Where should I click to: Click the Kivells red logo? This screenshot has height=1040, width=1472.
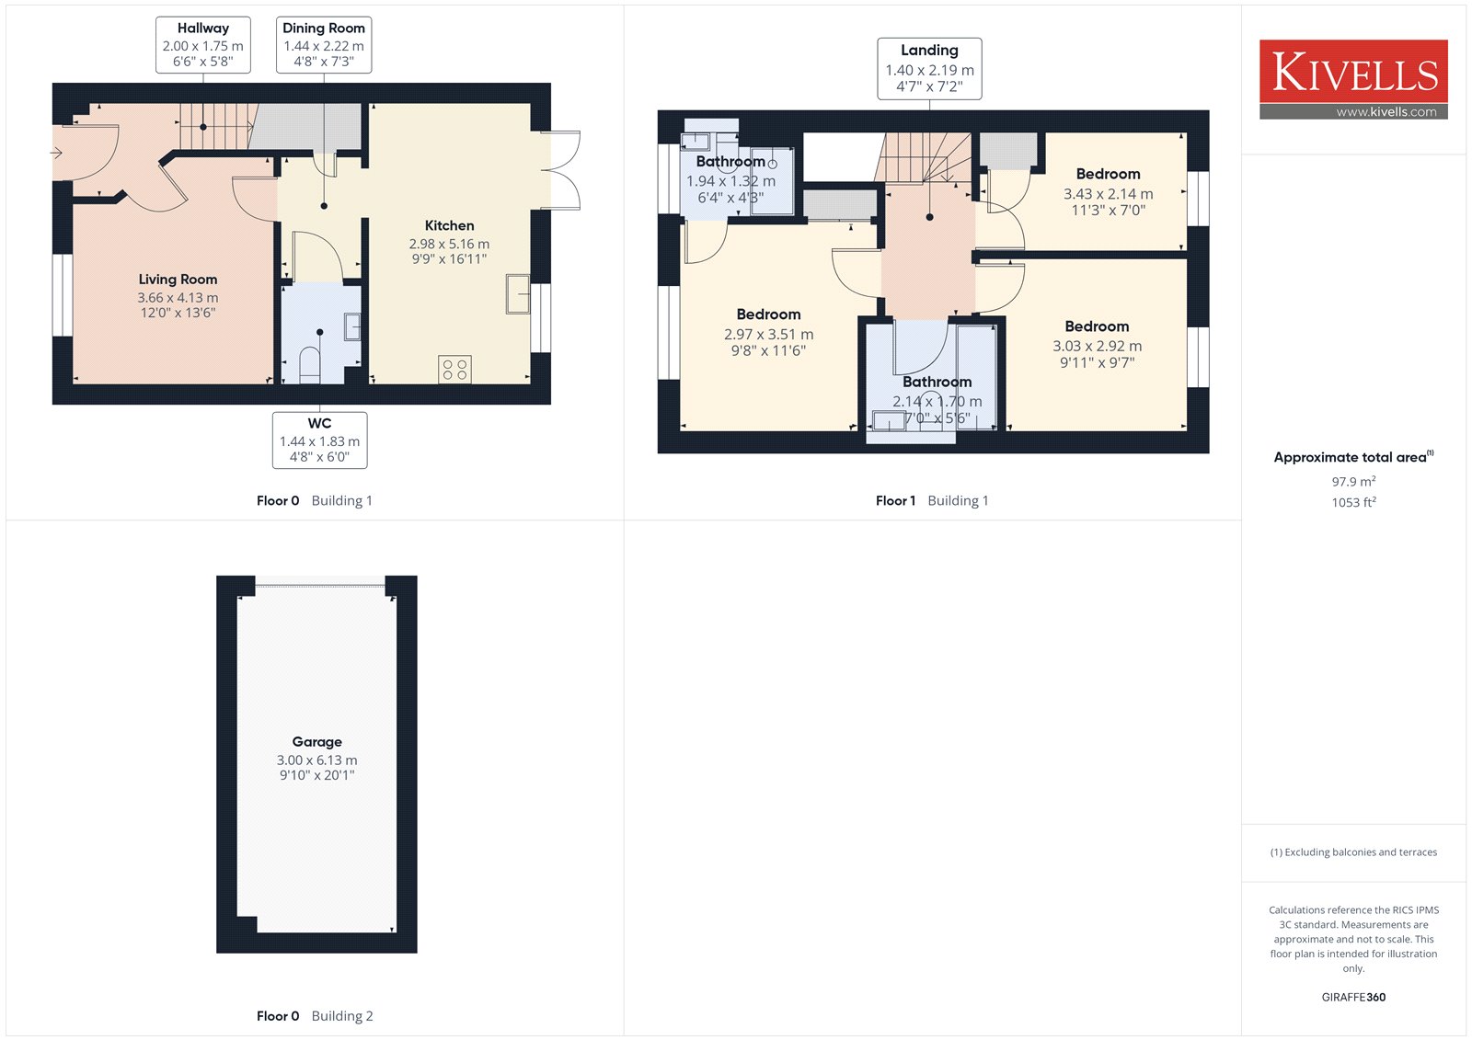(1353, 79)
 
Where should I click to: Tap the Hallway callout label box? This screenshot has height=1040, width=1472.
(203, 45)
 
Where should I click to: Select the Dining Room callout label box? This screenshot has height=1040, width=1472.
(323, 45)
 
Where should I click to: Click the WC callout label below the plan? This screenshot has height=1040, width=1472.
(319, 440)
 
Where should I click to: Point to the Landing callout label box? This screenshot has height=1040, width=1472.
(929, 68)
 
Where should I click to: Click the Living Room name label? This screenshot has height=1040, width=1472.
(178, 280)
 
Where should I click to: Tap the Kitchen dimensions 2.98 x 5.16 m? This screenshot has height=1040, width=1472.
(449, 244)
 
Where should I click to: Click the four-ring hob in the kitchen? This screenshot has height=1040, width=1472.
(454, 370)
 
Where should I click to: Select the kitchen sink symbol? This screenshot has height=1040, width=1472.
(518, 293)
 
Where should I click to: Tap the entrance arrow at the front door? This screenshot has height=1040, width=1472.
(56, 153)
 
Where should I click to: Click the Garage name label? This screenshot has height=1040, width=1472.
(316, 742)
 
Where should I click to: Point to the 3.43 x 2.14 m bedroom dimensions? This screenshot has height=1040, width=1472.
(1108, 194)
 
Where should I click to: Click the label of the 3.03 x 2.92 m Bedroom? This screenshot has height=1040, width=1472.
(1097, 326)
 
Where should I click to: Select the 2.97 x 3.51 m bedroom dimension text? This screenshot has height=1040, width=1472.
(768, 335)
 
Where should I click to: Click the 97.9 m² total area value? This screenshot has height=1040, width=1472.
(1353, 481)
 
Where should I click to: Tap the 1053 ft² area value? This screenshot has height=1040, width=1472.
(1353, 502)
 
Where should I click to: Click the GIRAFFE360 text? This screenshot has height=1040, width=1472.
(1353, 997)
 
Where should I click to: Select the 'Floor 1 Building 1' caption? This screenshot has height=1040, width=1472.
(932, 500)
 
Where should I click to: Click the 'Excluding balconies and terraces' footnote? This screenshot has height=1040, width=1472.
(1353, 852)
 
